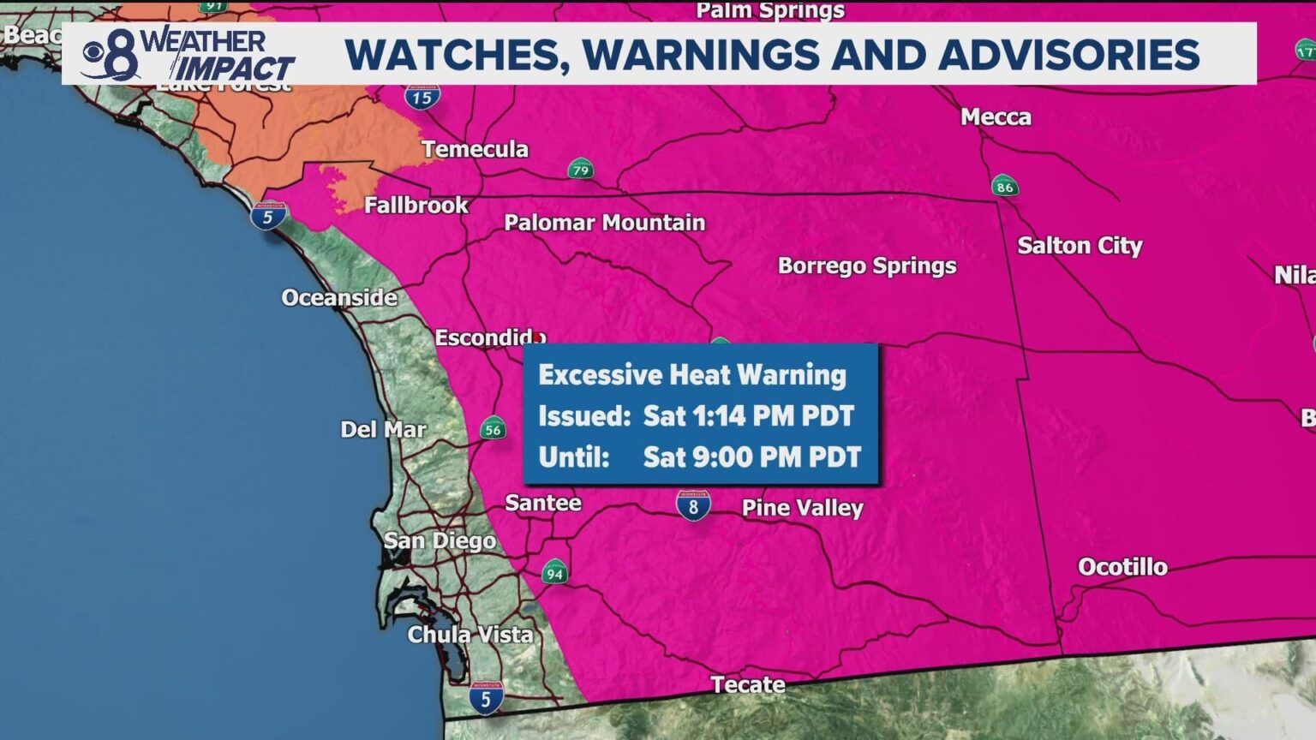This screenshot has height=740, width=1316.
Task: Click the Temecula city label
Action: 475,149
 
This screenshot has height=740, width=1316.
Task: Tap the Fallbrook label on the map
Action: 416,206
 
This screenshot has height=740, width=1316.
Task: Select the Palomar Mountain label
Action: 604,223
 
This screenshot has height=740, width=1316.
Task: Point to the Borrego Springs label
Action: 866,266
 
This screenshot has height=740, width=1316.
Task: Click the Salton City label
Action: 1080,246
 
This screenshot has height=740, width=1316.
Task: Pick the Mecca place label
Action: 996,117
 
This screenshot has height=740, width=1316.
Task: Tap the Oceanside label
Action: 339,298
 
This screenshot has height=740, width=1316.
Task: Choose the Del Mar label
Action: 383,429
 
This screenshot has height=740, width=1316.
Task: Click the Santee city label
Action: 543,503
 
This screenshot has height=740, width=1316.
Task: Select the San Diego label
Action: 440,540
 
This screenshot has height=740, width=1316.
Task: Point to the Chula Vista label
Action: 470,635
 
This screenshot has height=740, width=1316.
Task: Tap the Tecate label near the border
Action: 748,684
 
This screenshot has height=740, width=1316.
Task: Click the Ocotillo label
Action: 1122,567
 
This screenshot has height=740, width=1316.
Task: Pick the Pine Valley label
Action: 802,508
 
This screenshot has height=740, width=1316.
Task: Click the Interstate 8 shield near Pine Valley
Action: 693,505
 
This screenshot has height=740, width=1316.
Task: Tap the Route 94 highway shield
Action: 554,572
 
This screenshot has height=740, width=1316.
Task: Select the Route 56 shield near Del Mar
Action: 493,428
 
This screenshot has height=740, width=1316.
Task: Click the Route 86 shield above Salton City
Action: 1005,186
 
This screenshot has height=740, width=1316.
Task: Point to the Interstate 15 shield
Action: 422,97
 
